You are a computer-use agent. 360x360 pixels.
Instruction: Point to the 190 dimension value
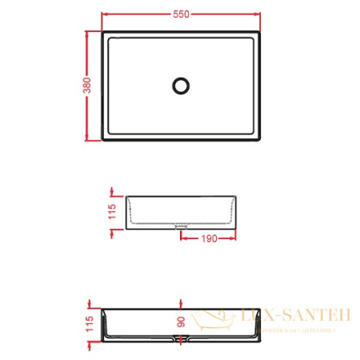tap(210, 238)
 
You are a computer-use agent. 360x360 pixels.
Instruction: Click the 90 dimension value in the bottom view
tap(182, 322)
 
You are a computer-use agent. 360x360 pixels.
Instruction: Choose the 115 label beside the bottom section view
tap(91, 323)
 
